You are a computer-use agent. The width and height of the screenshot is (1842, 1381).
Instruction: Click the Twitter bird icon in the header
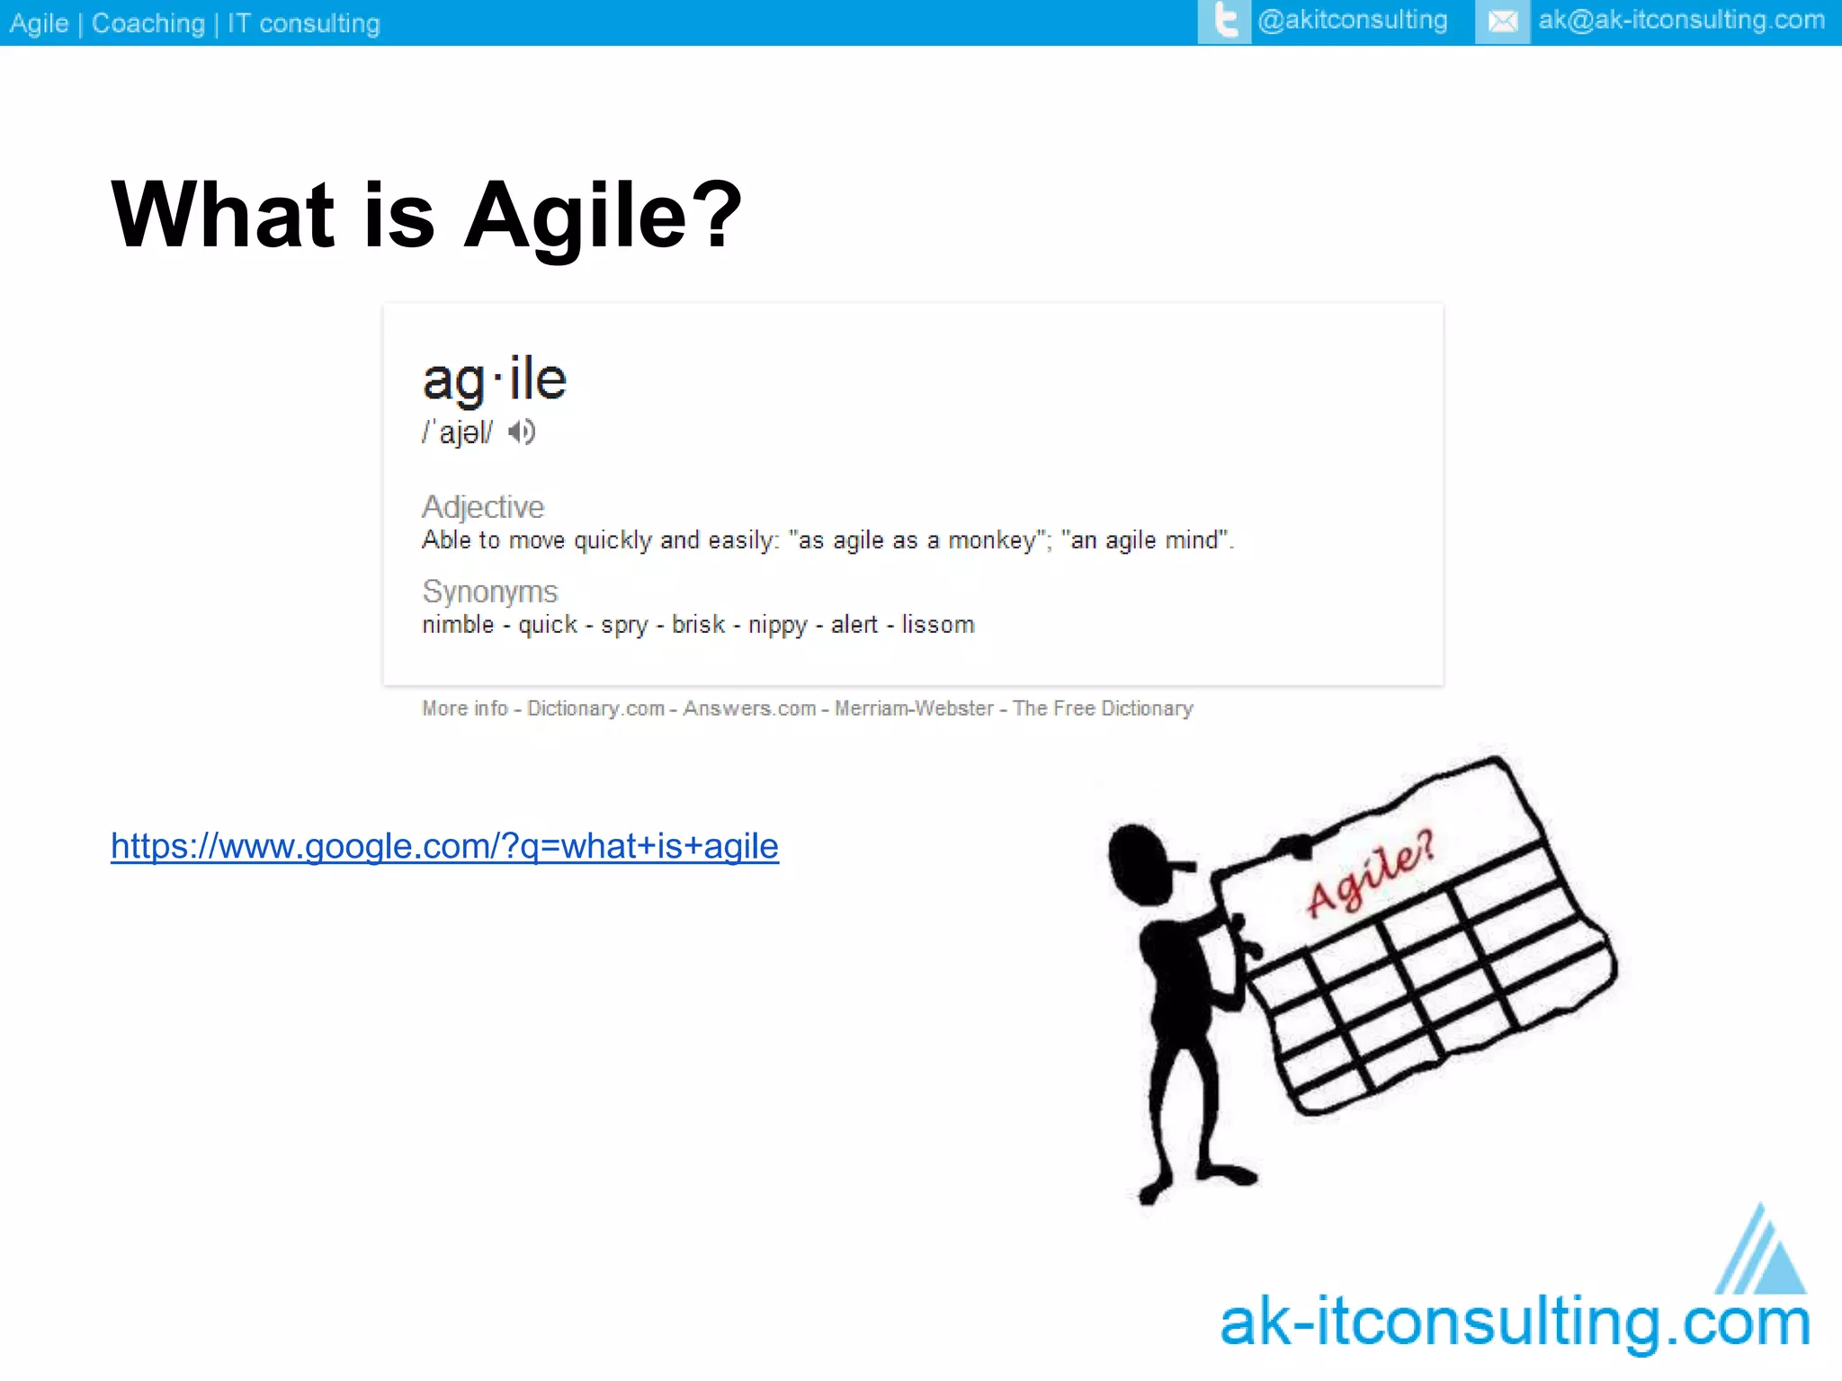point(1224,22)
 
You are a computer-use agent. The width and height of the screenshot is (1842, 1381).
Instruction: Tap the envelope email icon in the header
point(1502,22)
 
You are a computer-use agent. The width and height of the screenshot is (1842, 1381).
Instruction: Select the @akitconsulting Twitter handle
point(1353,21)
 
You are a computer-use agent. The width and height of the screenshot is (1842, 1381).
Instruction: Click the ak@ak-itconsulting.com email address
point(1681,21)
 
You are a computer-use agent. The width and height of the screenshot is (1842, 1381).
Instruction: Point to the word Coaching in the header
point(148,23)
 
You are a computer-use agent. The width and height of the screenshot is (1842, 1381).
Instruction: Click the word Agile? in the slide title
point(603,216)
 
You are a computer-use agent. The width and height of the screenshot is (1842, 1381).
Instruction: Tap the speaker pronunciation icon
point(522,432)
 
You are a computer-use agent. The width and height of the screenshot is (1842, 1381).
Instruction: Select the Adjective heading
point(483,507)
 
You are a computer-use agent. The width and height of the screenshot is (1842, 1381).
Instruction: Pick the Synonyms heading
point(490,592)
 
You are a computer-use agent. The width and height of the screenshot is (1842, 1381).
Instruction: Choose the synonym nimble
point(458,625)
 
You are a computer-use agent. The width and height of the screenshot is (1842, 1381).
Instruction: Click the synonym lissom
point(938,625)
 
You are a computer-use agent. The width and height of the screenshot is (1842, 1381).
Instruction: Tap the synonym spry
point(624,625)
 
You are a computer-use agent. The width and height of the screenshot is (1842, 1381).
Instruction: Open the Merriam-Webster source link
point(914,708)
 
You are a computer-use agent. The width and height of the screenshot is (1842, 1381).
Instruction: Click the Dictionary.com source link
point(595,708)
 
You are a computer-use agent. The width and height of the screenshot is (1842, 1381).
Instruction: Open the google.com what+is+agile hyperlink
point(444,846)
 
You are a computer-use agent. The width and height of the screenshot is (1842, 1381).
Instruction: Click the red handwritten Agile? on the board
point(1369,875)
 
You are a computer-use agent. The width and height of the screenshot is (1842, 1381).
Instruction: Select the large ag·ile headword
point(495,379)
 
